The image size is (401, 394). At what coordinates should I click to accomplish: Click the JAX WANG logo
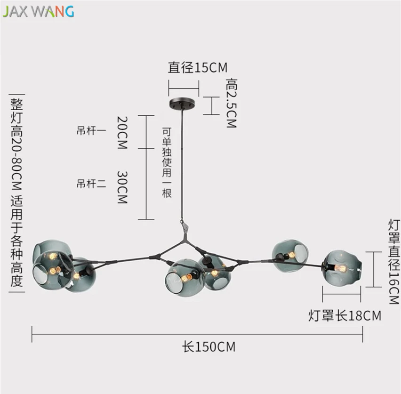tap(39, 11)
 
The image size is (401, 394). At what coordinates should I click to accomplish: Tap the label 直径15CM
tap(197, 68)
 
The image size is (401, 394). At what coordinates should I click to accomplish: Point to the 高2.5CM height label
tap(232, 103)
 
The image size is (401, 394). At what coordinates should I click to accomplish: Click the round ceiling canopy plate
tap(182, 104)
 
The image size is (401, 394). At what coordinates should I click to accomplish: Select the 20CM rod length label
tap(122, 133)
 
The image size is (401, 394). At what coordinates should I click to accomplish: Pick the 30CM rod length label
tap(122, 187)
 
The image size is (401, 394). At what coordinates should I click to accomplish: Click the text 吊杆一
tap(91, 131)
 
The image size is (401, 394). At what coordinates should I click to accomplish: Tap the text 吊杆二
tap(91, 184)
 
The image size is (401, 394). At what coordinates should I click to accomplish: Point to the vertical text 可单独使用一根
tap(167, 163)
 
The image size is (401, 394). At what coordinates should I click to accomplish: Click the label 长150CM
tap(209, 347)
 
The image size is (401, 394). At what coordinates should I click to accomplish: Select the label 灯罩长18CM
tap(345, 315)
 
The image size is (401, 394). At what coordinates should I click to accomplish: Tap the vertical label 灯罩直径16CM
tap(394, 261)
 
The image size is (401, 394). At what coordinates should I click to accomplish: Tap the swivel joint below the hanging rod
tap(184, 226)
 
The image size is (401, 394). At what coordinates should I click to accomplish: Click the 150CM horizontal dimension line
tap(197, 334)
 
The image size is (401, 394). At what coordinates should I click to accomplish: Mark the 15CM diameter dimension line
tap(184, 88)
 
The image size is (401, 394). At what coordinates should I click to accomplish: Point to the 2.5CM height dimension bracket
tap(211, 105)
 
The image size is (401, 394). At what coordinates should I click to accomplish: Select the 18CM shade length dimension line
tap(342, 294)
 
